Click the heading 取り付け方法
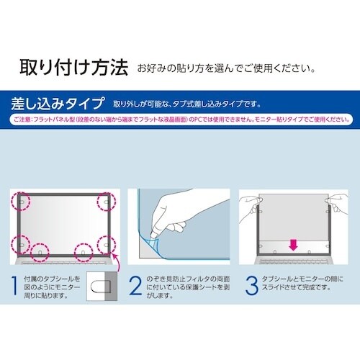tap(73, 68)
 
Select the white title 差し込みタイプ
tap(60, 102)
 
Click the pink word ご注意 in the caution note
tap(23, 117)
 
